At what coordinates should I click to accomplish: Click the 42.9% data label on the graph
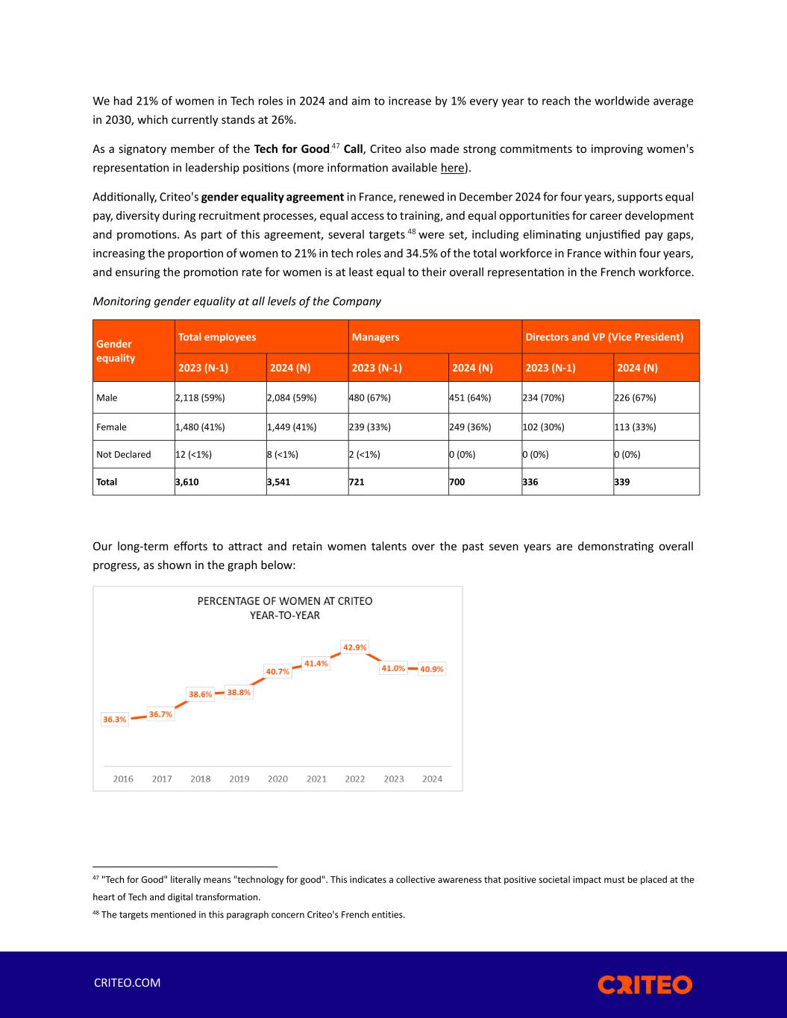coord(354,647)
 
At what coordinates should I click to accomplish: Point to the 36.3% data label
coord(114,720)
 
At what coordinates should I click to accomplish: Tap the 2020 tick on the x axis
coord(278,779)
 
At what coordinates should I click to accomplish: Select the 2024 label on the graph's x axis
coord(432,779)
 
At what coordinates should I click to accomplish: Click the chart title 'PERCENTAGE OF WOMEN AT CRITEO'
coord(284,601)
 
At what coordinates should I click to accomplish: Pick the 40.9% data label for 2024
coord(431,669)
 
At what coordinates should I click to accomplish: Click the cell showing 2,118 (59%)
coord(200,398)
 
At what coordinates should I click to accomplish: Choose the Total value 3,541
coord(280,482)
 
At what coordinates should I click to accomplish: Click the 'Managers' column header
coord(375,337)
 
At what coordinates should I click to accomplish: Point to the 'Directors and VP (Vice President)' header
coord(604,337)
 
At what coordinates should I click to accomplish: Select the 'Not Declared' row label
coord(124,454)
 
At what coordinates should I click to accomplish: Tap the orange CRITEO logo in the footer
coord(645,984)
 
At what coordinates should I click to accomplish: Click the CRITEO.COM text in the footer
coord(127,983)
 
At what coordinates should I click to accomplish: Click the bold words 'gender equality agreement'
coord(272,198)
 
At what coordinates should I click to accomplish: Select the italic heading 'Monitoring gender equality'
coord(236,301)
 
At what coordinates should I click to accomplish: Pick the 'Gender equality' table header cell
coord(115,351)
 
